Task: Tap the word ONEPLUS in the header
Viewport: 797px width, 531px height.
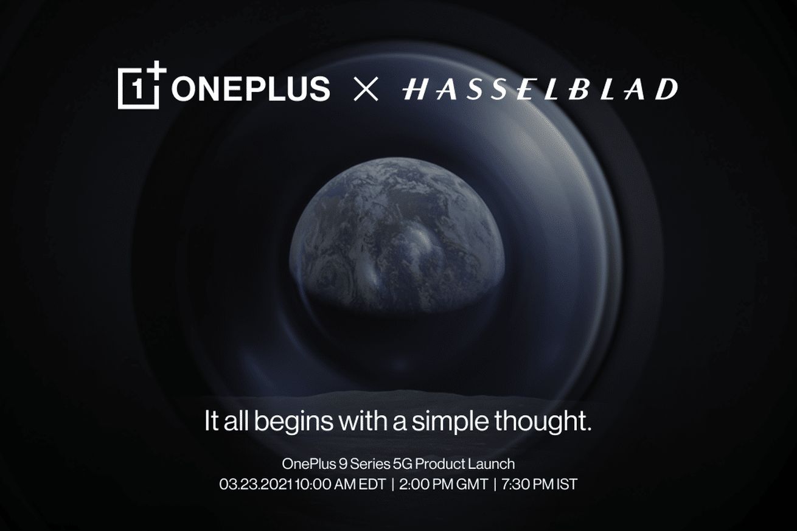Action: click(x=251, y=89)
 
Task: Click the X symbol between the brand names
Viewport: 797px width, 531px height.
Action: click(x=366, y=89)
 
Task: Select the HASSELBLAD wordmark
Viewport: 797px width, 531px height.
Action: click(x=540, y=89)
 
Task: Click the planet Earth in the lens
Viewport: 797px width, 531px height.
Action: click(x=397, y=235)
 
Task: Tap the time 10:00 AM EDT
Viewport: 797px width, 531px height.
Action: click(x=340, y=484)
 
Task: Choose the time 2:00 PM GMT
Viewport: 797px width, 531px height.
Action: click(x=444, y=484)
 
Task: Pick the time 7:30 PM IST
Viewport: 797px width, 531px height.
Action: click(x=540, y=484)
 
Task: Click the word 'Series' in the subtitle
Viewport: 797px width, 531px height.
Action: click(x=370, y=464)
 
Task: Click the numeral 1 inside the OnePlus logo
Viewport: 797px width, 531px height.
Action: click(x=137, y=89)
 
